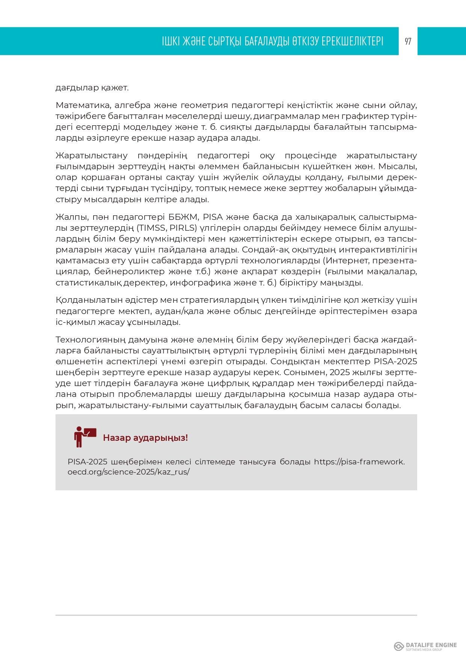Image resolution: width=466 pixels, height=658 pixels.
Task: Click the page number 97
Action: coord(408,41)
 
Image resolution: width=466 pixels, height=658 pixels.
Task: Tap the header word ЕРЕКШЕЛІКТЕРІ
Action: coord(352,41)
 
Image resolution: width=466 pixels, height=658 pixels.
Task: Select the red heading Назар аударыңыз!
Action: coord(145,438)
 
